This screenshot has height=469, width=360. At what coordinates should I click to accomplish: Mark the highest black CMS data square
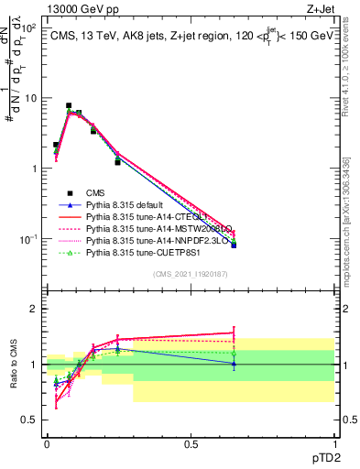click(69, 105)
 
